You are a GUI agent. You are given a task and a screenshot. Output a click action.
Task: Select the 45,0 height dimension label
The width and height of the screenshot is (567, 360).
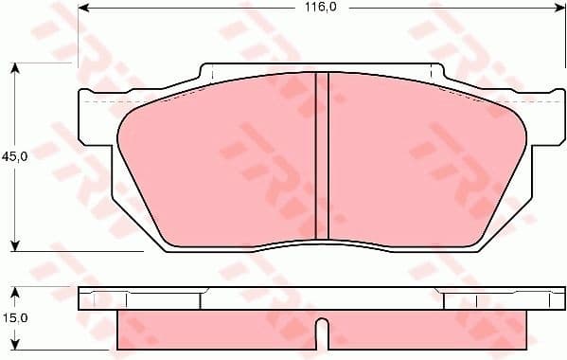13,156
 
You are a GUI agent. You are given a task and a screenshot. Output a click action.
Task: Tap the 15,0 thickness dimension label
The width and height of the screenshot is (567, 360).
13,319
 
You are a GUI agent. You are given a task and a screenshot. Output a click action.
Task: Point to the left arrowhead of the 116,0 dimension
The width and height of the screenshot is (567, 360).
82,8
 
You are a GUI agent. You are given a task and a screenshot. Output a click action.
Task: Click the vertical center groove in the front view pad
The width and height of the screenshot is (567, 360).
321,156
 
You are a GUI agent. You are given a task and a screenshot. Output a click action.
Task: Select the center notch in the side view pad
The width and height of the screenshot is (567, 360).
321,332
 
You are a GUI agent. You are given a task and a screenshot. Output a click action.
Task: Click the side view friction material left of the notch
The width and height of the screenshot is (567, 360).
218,329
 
